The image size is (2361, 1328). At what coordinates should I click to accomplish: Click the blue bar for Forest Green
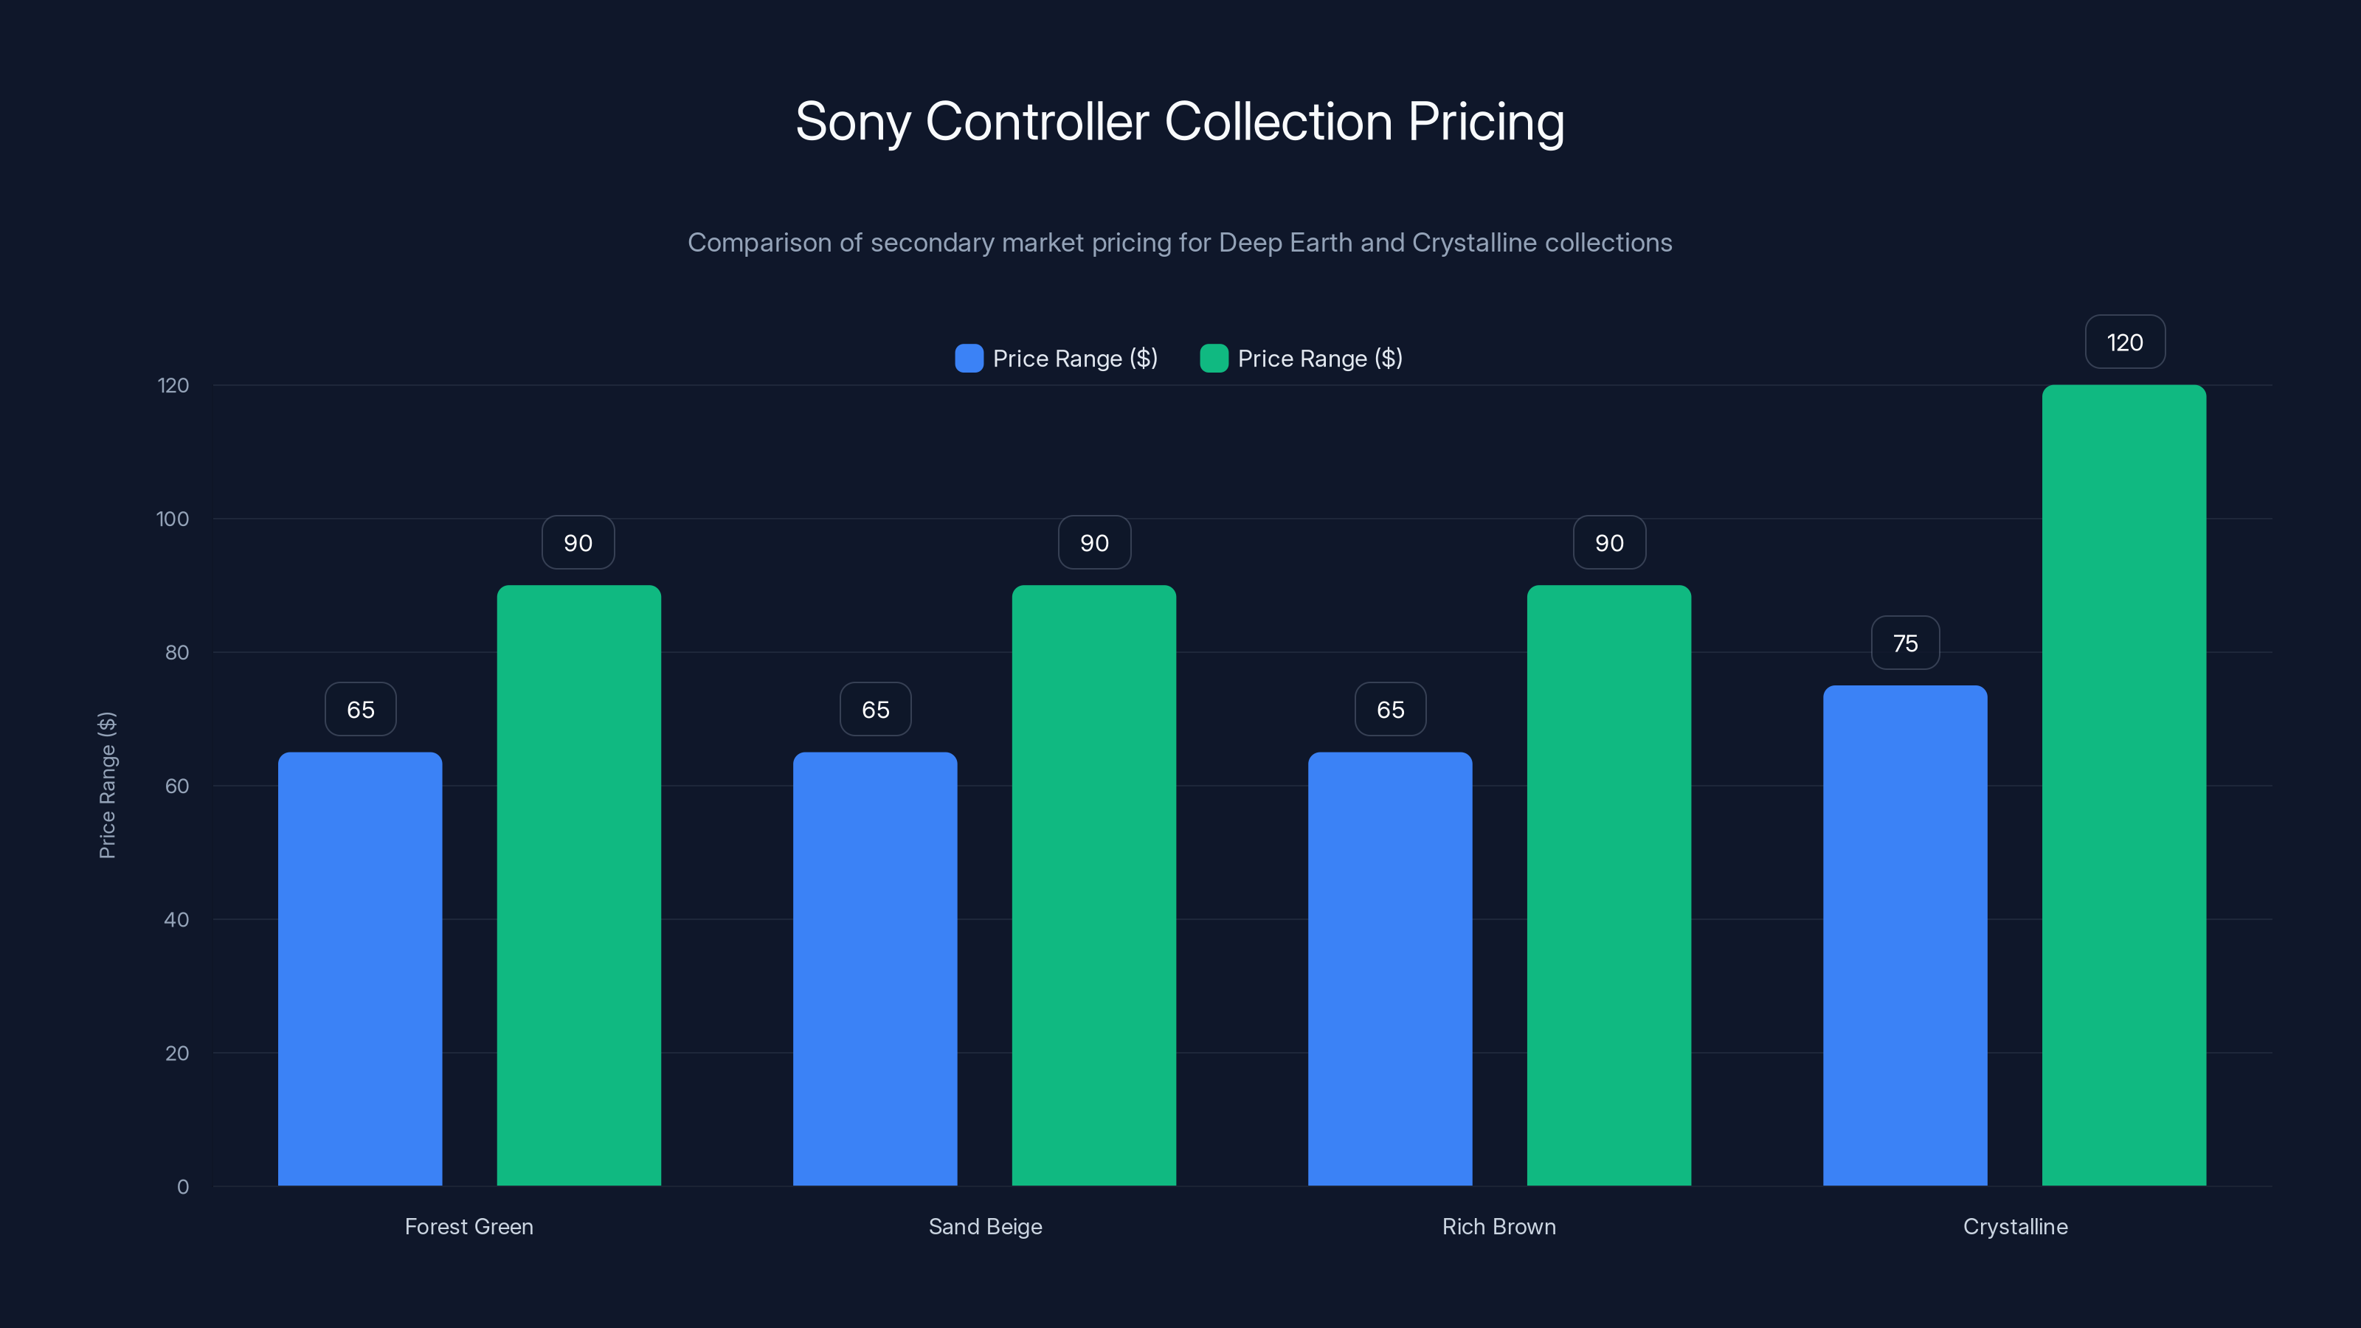(359, 969)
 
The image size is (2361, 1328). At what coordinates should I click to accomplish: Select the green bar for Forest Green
(578, 885)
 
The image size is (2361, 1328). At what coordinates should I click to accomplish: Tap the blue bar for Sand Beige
(874, 969)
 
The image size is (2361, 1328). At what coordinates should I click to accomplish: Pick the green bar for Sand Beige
(1093, 885)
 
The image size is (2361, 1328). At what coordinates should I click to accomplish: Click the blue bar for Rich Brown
(1389, 969)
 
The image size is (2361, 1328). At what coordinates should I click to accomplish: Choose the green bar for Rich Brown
(1608, 885)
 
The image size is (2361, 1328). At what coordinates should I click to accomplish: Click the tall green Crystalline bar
(2123, 786)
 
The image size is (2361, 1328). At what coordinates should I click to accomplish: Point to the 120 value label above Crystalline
(2125, 343)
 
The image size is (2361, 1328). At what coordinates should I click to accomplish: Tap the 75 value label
(1904, 643)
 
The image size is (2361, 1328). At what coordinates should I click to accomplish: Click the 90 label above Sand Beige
(1093, 542)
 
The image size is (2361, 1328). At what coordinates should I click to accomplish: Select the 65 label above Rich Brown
(1389, 709)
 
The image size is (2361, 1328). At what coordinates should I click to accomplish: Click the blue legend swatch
(969, 359)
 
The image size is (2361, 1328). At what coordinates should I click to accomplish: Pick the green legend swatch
(1214, 359)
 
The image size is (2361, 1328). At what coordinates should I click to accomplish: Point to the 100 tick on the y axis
(173, 519)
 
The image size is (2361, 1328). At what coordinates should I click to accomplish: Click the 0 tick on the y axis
(182, 1187)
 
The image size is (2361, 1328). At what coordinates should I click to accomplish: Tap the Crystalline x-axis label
(2014, 1226)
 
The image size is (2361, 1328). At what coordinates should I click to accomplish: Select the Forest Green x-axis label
(469, 1226)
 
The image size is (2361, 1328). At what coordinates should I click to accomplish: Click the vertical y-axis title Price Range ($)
(107, 786)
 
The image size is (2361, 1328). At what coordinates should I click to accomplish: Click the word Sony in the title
(851, 122)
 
